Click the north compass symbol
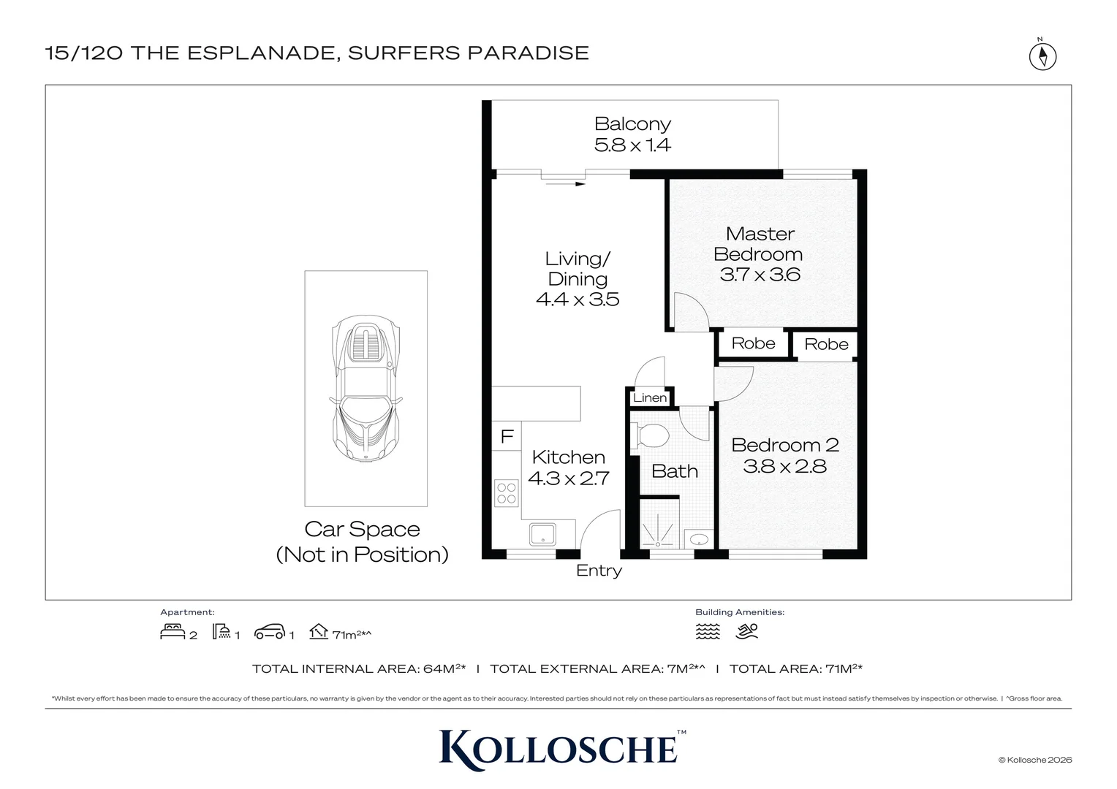(x=1042, y=56)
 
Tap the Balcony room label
(x=632, y=123)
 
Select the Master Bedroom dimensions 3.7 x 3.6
(x=760, y=275)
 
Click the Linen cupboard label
(x=650, y=397)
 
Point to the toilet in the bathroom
(x=650, y=435)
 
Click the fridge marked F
(x=507, y=436)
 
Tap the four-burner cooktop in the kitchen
(x=506, y=493)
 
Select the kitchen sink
(x=542, y=534)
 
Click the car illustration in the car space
(x=366, y=388)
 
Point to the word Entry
(x=599, y=570)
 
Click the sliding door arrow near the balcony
(x=565, y=184)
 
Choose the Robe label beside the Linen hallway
(x=753, y=343)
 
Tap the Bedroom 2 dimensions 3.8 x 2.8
(x=784, y=467)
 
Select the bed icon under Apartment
(x=173, y=631)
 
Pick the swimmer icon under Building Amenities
(x=746, y=631)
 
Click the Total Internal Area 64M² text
(x=358, y=668)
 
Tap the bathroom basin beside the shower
(x=699, y=539)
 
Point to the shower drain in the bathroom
(x=658, y=544)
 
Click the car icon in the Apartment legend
(x=270, y=632)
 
